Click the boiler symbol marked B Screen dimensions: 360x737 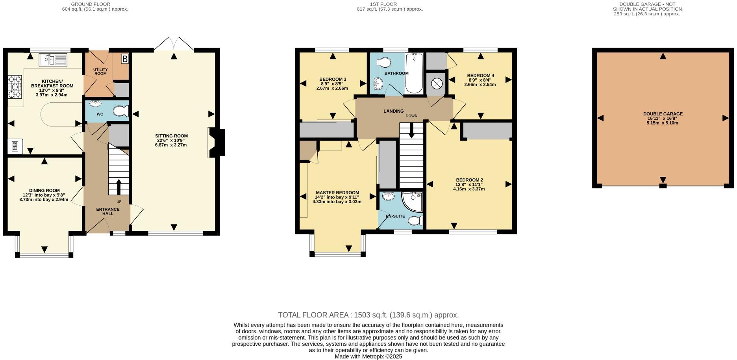click(x=125, y=59)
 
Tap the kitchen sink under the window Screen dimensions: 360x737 click(x=53, y=60)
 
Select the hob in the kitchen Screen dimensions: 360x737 click(x=15, y=87)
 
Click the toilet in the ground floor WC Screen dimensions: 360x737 click(x=120, y=111)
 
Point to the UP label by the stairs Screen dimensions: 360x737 click(x=119, y=202)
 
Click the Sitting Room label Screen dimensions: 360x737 click(x=171, y=136)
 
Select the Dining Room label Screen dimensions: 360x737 click(x=44, y=190)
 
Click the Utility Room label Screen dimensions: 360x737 click(x=100, y=71)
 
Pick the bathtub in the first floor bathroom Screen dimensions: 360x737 click(x=414, y=74)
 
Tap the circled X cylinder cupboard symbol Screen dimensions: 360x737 click(x=437, y=84)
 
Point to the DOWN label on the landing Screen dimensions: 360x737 click(x=411, y=116)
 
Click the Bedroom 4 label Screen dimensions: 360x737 click(x=480, y=75)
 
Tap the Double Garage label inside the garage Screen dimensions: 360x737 click(x=663, y=114)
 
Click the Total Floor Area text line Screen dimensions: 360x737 click(x=368, y=315)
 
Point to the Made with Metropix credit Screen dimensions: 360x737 click(x=368, y=356)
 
